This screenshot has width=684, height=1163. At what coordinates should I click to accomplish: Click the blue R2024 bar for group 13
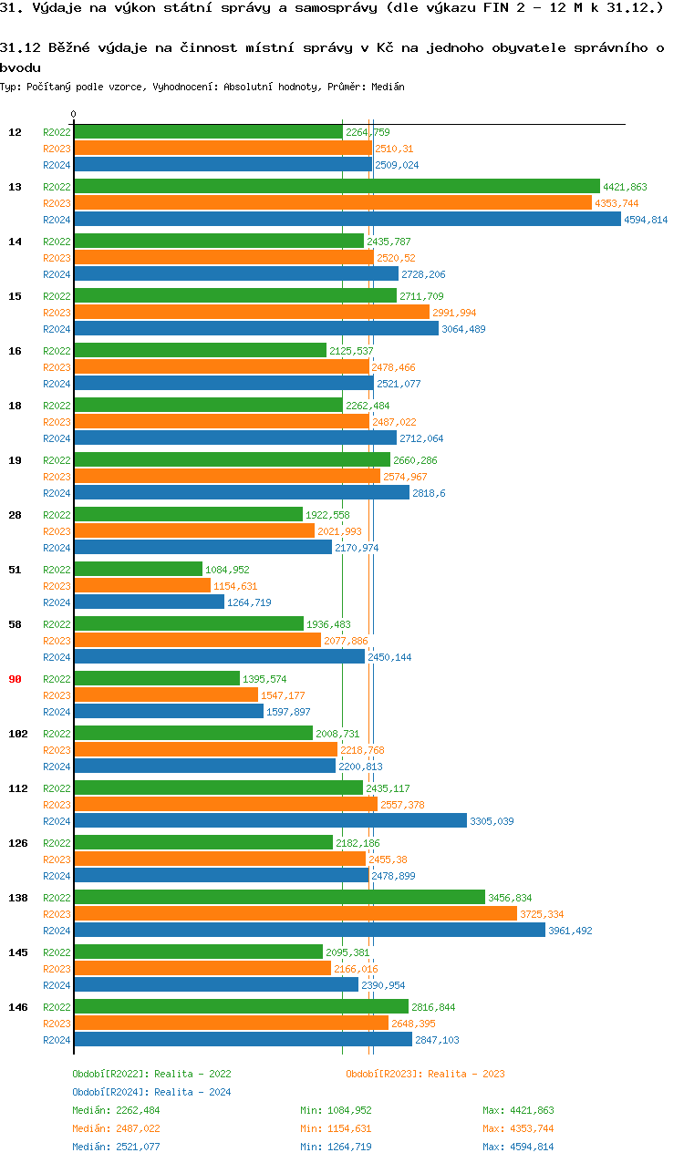(347, 220)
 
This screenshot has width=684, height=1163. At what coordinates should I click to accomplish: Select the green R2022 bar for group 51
(138, 569)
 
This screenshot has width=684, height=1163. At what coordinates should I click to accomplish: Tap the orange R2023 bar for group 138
(295, 913)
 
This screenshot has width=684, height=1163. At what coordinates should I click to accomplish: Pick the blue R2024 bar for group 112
(270, 820)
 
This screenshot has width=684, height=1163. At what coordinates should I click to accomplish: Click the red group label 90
(15, 679)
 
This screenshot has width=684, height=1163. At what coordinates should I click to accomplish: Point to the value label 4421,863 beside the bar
(625, 187)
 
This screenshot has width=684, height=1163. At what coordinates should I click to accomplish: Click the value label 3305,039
(492, 821)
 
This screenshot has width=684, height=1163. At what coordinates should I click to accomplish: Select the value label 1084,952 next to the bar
(227, 570)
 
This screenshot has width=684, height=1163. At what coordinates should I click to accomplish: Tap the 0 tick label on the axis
(73, 115)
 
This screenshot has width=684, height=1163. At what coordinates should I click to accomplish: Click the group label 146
(17, 1007)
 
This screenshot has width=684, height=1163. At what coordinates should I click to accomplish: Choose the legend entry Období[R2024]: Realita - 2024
(151, 1092)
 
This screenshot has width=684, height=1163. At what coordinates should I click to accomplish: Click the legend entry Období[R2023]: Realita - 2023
(425, 1074)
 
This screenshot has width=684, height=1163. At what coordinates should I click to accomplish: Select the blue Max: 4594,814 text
(518, 1147)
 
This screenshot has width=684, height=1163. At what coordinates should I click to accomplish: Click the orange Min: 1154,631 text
(336, 1128)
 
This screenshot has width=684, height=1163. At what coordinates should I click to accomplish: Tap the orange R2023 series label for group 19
(57, 477)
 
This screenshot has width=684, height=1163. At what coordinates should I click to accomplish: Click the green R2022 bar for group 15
(234, 295)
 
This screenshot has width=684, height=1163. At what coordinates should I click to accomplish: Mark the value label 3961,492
(570, 931)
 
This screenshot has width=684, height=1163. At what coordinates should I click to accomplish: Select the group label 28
(15, 515)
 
